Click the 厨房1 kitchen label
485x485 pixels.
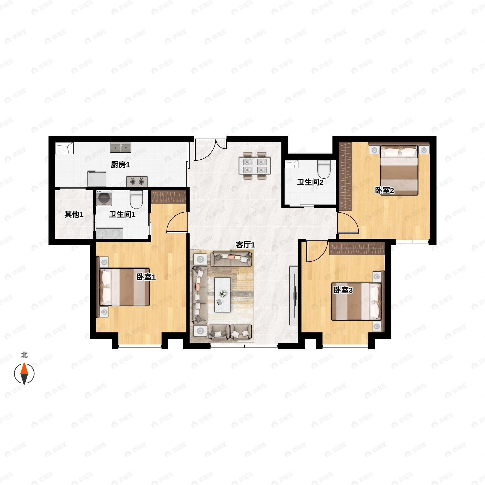pos(120,165)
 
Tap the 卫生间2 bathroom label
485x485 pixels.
pos(310,182)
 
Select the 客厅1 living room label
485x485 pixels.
pos(245,245)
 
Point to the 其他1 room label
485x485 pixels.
pos(74,214)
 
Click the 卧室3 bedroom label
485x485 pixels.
pos(343,290)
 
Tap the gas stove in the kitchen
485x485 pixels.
pos(137,181)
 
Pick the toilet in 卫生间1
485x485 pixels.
pos(136,199)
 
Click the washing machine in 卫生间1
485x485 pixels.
pos(104,198)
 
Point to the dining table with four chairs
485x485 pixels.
pos(255,166)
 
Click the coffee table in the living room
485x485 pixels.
pos(222,294)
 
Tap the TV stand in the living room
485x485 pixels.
pos(293,296)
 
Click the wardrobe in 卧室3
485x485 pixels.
pos(357,249)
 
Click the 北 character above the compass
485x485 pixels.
pos(24,355)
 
